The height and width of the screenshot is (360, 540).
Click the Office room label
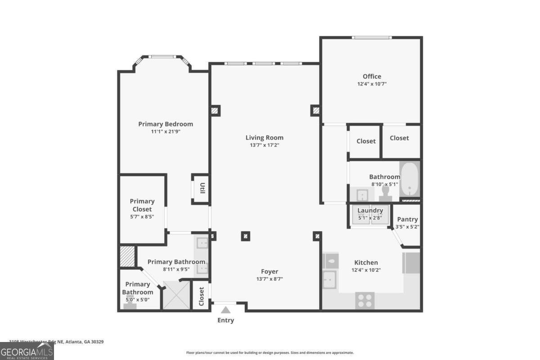(372, 76)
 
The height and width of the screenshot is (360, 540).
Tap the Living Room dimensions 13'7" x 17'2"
(265, 145)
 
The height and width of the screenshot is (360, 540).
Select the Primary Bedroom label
(166, 124)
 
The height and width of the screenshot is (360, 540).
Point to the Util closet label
(202, 189)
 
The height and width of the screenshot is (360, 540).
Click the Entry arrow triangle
(225, 310)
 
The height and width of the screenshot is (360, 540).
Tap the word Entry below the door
(225, 320)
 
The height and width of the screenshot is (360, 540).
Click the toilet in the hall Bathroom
(385, 193)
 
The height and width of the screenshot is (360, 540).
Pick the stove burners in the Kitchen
(365, 300)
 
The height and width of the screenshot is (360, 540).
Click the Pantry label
(407, 220)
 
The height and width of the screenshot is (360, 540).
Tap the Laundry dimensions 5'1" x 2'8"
(370, 218)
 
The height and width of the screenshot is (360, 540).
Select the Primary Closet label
(142, 205)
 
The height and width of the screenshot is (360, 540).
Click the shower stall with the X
(176, 295)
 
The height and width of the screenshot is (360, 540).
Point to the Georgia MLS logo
(27, 351)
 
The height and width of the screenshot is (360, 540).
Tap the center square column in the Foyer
(245, 235)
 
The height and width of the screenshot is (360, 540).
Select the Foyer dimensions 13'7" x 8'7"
(270, 279)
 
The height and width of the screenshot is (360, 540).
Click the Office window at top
(371, 37)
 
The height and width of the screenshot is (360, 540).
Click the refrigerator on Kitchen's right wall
(411, 263)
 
